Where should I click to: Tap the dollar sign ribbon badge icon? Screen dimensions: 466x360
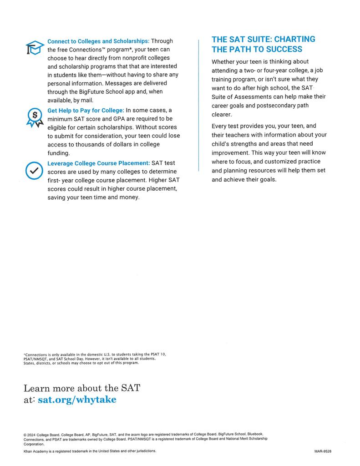coord(34,117)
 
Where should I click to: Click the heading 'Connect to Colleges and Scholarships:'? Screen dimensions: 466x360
coord(98,41)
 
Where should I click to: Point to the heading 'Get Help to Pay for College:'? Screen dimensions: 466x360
coord(86,111)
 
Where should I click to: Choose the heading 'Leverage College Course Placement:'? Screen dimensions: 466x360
coord(98,163)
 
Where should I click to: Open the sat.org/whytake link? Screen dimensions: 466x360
coord(77,400)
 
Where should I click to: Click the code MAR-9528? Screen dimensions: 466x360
coord(323,451)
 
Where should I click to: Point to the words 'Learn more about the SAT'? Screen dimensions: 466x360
coord(82,388)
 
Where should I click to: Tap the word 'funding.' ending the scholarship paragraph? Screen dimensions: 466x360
coord(58,153)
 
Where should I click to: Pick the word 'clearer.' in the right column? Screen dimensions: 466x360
coord(222,115)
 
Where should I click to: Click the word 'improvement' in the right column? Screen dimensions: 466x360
coord(230,153)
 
